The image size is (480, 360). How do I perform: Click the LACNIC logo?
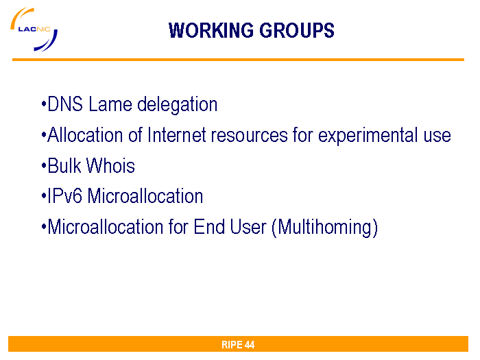coord(34,29)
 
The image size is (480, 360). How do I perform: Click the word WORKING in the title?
coord(211,30)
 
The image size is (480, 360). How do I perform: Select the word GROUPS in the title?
coord(297,30)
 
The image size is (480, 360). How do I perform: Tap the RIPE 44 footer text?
coord(238,345)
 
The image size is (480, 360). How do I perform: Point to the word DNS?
coord(65,104)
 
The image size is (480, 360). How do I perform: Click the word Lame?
coord(110,104)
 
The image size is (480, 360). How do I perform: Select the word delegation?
coord(177,105)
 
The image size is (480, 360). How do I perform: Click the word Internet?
coord(177,134)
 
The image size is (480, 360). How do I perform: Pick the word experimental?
coord(368,136)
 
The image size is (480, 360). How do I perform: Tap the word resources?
coord(250,135)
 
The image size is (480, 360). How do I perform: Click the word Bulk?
coord(64,166)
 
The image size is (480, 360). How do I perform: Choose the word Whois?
coord(110,166)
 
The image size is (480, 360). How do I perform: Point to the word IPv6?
coord(64,196)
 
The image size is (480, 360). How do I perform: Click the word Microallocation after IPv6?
coord(145,196)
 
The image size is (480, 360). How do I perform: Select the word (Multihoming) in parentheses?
coord(325,228)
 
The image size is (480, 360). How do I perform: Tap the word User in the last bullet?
coord(248,226)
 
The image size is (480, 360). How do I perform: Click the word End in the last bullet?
coord(209,226)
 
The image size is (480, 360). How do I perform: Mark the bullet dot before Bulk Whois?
coord(43,167)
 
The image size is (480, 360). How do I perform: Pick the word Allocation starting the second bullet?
coord(85,134)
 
